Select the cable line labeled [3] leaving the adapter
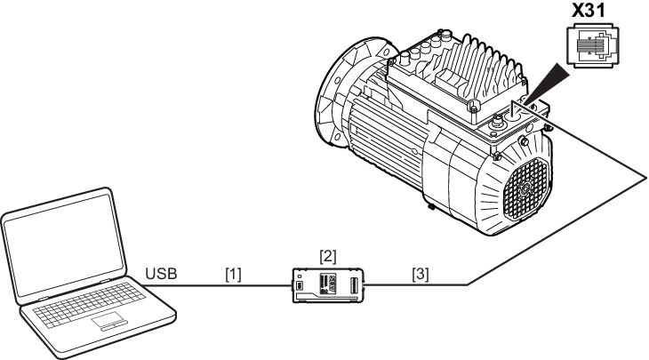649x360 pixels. tap(418, 285)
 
